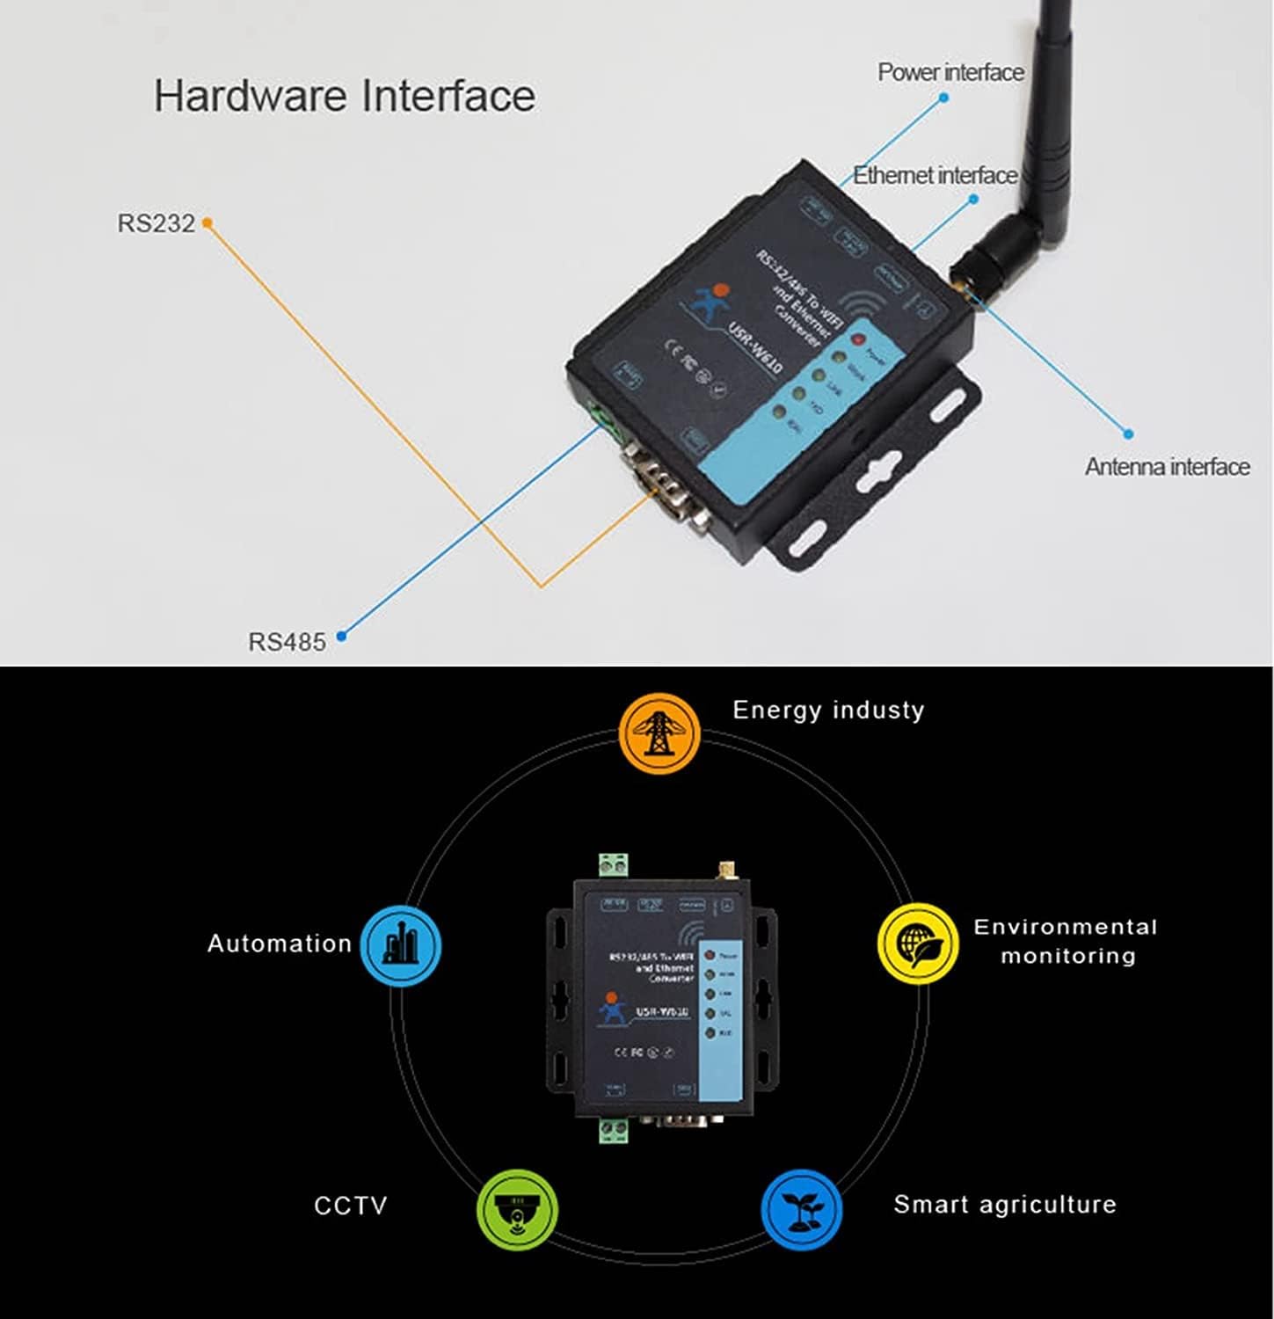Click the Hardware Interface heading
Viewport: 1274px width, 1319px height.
click(x=344, y=96)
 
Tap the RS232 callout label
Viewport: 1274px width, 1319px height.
click(x=156, y=223)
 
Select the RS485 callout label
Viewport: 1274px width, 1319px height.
click(x=287, y=642)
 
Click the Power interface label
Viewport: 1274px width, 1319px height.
click(x=950, y=72)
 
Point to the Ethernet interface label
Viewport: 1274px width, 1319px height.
click(x=935, y=175)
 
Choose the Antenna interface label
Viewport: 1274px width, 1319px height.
click(x=1167, y=466)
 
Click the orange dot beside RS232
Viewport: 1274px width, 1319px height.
click(x=207, y=223)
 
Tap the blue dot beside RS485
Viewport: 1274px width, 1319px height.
click(x=342, y=636)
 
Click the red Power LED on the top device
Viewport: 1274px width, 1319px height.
click(x=858, y=339)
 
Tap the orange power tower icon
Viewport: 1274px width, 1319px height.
click(x=659, y=733)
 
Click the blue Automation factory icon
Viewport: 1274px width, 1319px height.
click(x=401, y=945)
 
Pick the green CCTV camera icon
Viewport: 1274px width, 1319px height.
click(x=517, y=1211)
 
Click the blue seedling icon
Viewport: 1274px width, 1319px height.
click(x=800, y=1209)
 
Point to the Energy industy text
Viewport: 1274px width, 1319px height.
click(x=828, y=710)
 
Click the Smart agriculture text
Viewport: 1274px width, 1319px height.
click(x=1005, y=1204)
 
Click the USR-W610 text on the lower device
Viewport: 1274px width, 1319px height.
click(x=662, y=1012)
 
